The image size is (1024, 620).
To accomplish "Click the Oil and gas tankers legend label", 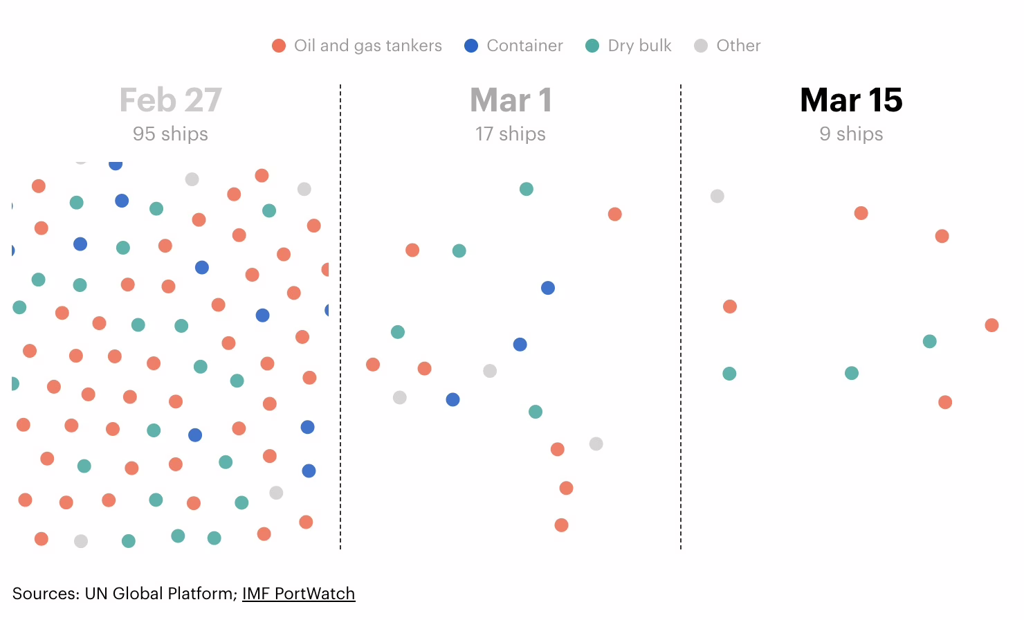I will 367,46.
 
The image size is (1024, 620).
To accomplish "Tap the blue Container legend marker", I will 471,46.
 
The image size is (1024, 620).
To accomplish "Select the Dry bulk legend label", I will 639,46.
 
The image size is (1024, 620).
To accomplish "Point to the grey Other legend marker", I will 701,46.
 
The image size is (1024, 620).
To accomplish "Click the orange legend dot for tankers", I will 279,46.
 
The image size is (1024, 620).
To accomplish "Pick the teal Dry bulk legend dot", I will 592,46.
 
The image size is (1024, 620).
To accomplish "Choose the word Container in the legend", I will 524,46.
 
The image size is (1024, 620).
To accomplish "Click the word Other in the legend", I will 738,46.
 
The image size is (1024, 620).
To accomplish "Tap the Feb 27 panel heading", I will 170,100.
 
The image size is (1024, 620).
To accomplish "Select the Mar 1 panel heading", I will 511,100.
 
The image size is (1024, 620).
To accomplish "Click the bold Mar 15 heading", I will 851,100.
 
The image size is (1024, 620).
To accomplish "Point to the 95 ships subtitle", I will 170,134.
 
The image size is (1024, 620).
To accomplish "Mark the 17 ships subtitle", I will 511,134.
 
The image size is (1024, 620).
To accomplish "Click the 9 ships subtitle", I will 851,134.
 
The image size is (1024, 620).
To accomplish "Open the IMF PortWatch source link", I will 298,594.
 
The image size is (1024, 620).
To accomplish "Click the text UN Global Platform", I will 161,594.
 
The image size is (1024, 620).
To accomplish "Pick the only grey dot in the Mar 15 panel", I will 717,196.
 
